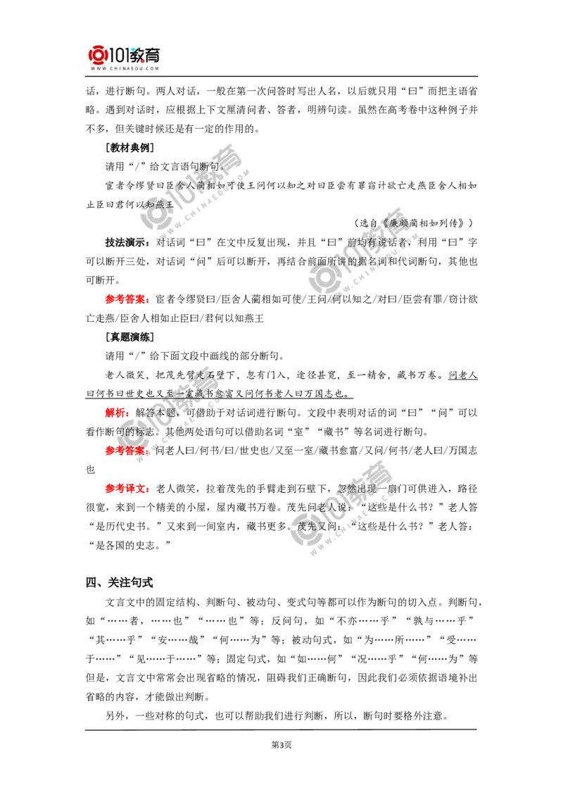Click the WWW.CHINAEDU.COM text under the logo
click(x=124, y=68)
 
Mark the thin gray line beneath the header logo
click(x=124, y=77)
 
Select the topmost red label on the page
click(x=127, y=299)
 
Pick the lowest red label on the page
click(x=127, y=489)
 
